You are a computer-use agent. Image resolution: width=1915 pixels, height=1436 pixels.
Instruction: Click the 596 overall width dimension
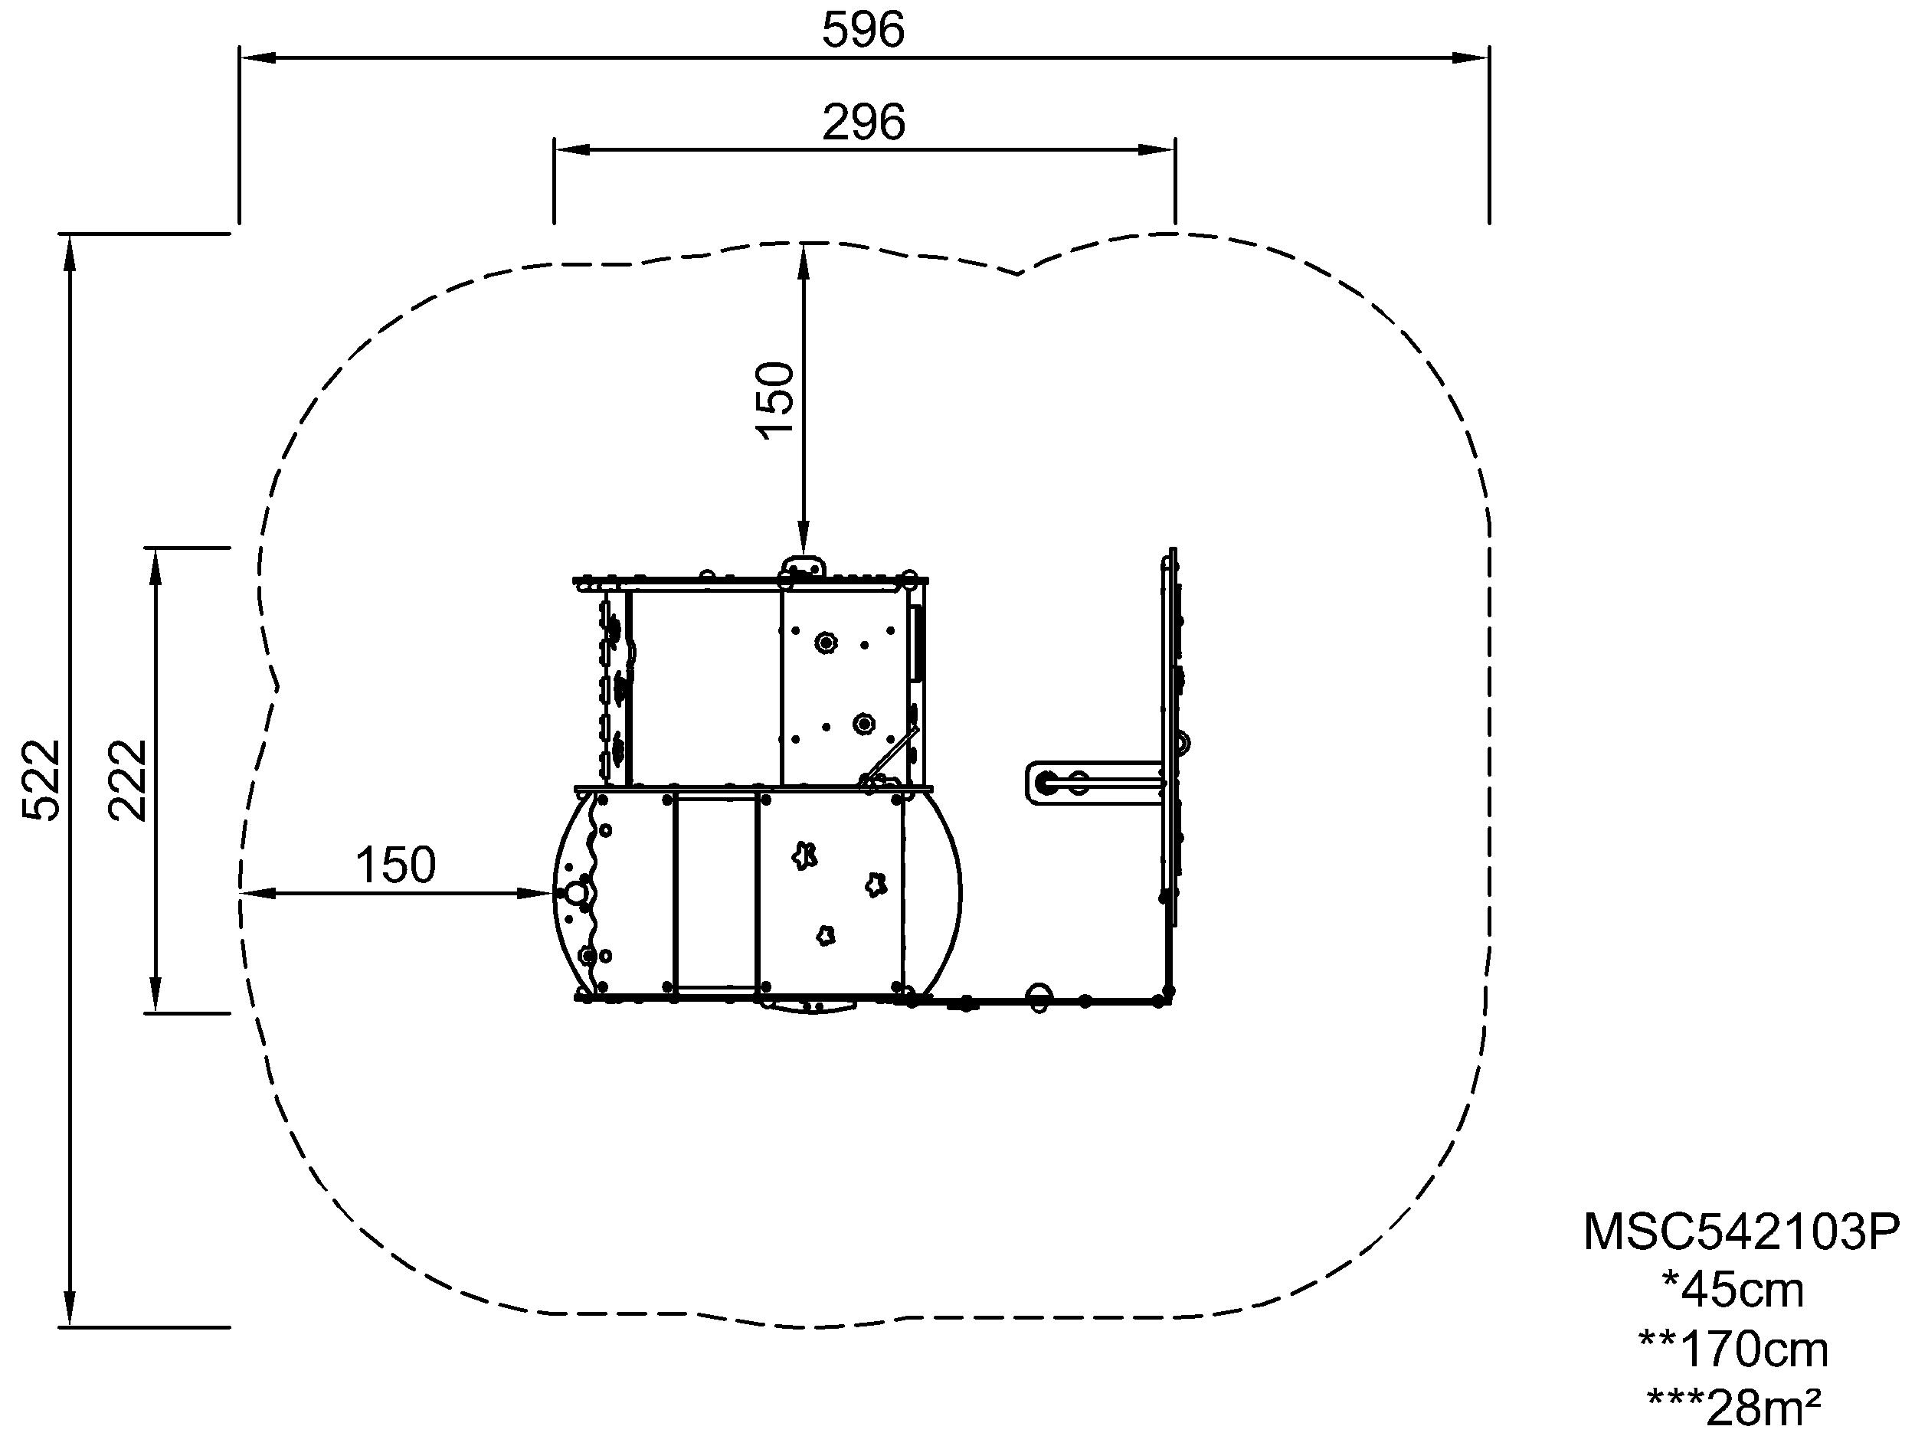point(863,31)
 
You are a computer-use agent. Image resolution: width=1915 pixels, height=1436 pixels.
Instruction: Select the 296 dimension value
point(863,123)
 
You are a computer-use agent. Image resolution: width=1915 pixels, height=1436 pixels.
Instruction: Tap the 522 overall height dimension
point(41,779)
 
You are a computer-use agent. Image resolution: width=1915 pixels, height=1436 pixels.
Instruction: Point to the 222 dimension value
point(128,779)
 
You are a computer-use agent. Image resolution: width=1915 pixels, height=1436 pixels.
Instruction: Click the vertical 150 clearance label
point(775,400)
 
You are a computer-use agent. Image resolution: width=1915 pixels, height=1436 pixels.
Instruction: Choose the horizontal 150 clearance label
point(396,865)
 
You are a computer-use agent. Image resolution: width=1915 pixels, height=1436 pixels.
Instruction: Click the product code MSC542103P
point(1741,1231)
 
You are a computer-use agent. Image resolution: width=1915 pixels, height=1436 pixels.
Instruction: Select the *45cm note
point(1733,1290)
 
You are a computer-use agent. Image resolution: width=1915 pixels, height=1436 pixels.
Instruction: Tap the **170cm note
point(1733,1349)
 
